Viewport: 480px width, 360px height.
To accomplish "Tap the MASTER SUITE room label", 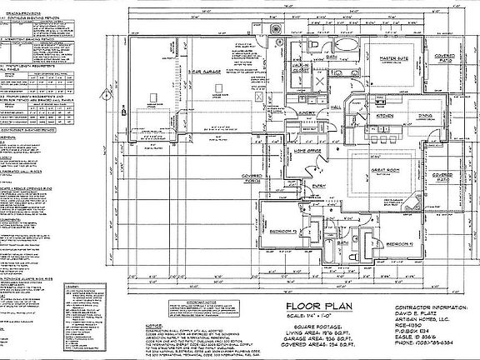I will click(x=392, y=59).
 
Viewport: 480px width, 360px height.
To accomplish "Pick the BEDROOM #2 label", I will click(x=400, y=242).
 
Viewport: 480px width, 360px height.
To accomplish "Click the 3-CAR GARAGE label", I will click(x=202, y=73).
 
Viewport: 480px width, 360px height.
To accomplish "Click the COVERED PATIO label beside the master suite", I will click(x=443, y=59).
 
